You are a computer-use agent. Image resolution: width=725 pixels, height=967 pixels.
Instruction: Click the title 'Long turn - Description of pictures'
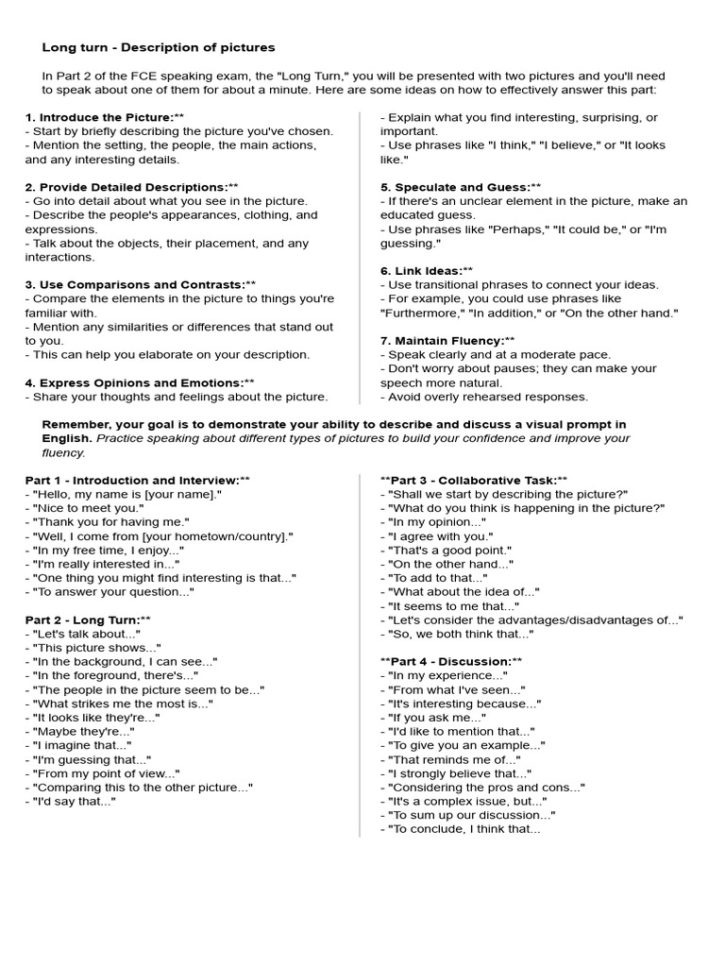tap(159, 47)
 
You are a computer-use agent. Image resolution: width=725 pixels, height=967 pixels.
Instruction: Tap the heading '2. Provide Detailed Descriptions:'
tap(131, 187)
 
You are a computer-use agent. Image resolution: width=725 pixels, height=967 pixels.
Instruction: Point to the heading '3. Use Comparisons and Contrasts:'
tap(141, 284)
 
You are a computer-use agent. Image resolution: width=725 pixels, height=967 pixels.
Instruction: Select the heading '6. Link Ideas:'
tap(427, 271)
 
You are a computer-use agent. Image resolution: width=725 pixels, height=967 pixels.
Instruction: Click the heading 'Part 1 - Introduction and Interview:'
tap(138, 480)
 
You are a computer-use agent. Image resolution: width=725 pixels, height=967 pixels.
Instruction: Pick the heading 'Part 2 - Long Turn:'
tap(88, 619)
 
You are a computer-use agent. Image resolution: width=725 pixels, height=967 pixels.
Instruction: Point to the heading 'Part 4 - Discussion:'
tap(450, 661)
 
